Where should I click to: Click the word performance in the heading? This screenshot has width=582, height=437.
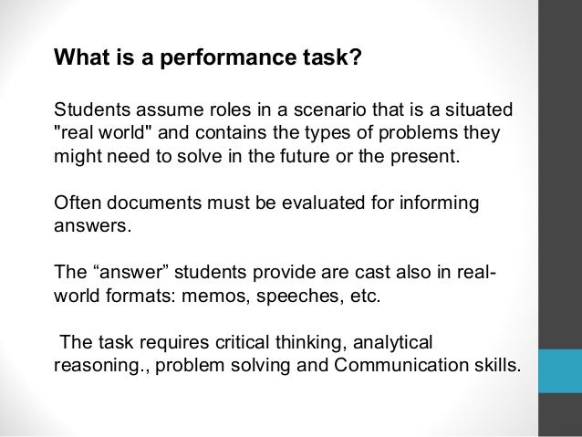218,62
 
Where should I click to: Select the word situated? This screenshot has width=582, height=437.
462,111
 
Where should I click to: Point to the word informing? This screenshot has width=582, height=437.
436,201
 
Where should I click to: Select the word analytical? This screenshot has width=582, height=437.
394,344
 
